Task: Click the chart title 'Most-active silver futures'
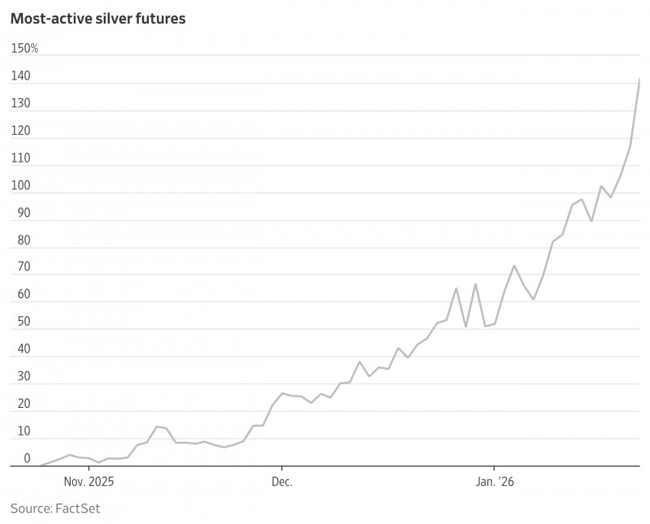(97, 18)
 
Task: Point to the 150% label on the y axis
(24, 49)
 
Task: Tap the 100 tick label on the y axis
(20, 185)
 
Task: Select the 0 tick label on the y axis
(27, 458)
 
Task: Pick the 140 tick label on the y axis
(20, 76)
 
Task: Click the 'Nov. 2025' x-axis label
(89, 481)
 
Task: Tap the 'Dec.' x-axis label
(282, 481)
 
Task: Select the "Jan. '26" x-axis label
(495, 481)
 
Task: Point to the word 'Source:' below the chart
(29, 509)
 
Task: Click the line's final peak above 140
(639, 80)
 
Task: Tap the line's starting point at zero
(41, 466)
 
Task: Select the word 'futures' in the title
(162, 18)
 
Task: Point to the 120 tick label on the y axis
(20, 131)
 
